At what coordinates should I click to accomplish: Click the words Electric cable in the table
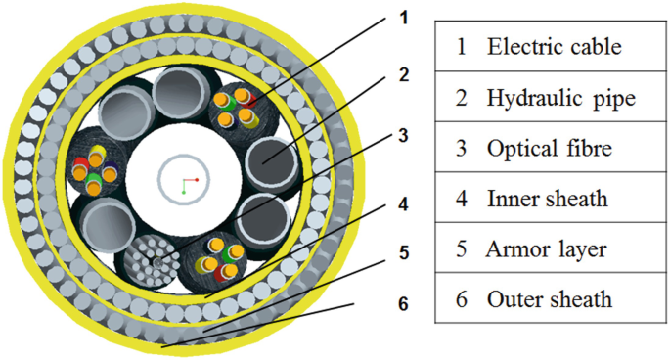pyautogui.click(x=555, y=46)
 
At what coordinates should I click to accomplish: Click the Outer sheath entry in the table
pyautogui.click(x=549, y=299)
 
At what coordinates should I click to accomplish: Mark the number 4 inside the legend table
pyautogui.click(x=461, y=199)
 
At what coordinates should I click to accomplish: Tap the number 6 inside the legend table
pyautogui.click(x=461, y=299)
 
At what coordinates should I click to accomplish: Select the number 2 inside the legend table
pyautogui.click(x=461, y=97)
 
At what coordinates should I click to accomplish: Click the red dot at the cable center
pyautogui.click(x=197, y=180)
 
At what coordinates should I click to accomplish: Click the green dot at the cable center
pyautogui.click(x=183, y=192)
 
